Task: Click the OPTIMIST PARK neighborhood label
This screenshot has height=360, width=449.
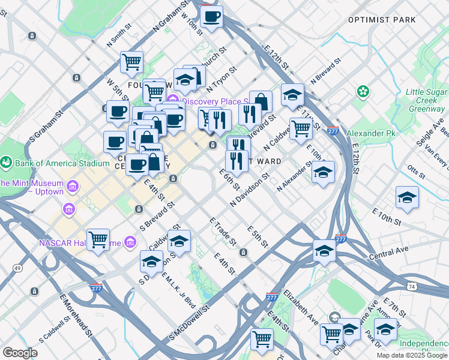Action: point(382,20)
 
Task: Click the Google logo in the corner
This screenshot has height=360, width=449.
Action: point(20,352)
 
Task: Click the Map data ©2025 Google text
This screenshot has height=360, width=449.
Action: point(411,355)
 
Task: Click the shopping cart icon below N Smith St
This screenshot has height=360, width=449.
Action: point(131,61)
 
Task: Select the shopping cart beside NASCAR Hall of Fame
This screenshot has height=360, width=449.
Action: point(98,239)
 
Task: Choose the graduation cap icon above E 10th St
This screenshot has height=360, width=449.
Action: point(407,197)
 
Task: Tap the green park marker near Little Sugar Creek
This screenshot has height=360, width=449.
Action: point(363,92)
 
